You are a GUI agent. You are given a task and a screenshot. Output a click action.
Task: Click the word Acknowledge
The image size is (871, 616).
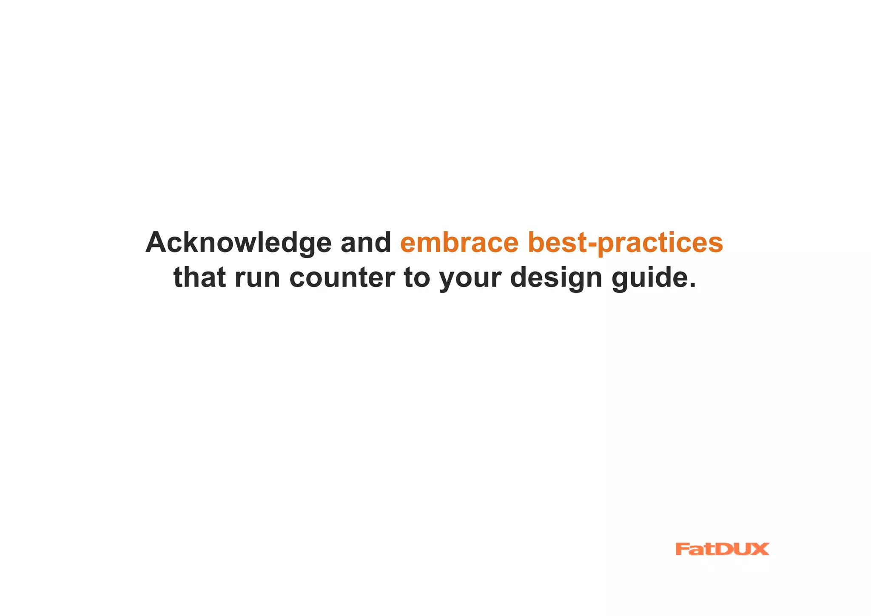238,243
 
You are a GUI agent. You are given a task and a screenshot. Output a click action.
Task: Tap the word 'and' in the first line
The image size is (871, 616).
366,243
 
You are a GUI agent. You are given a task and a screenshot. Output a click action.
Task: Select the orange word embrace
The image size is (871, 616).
459,243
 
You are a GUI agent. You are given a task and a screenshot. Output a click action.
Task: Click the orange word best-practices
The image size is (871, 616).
625,243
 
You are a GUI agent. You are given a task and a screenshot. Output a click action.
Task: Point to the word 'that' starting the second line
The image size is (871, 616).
199,278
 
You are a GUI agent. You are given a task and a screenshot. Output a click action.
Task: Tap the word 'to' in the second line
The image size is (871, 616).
417,278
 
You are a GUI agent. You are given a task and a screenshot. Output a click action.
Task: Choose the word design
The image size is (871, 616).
556,278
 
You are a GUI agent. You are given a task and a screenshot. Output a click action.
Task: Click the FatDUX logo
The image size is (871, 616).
722,549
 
